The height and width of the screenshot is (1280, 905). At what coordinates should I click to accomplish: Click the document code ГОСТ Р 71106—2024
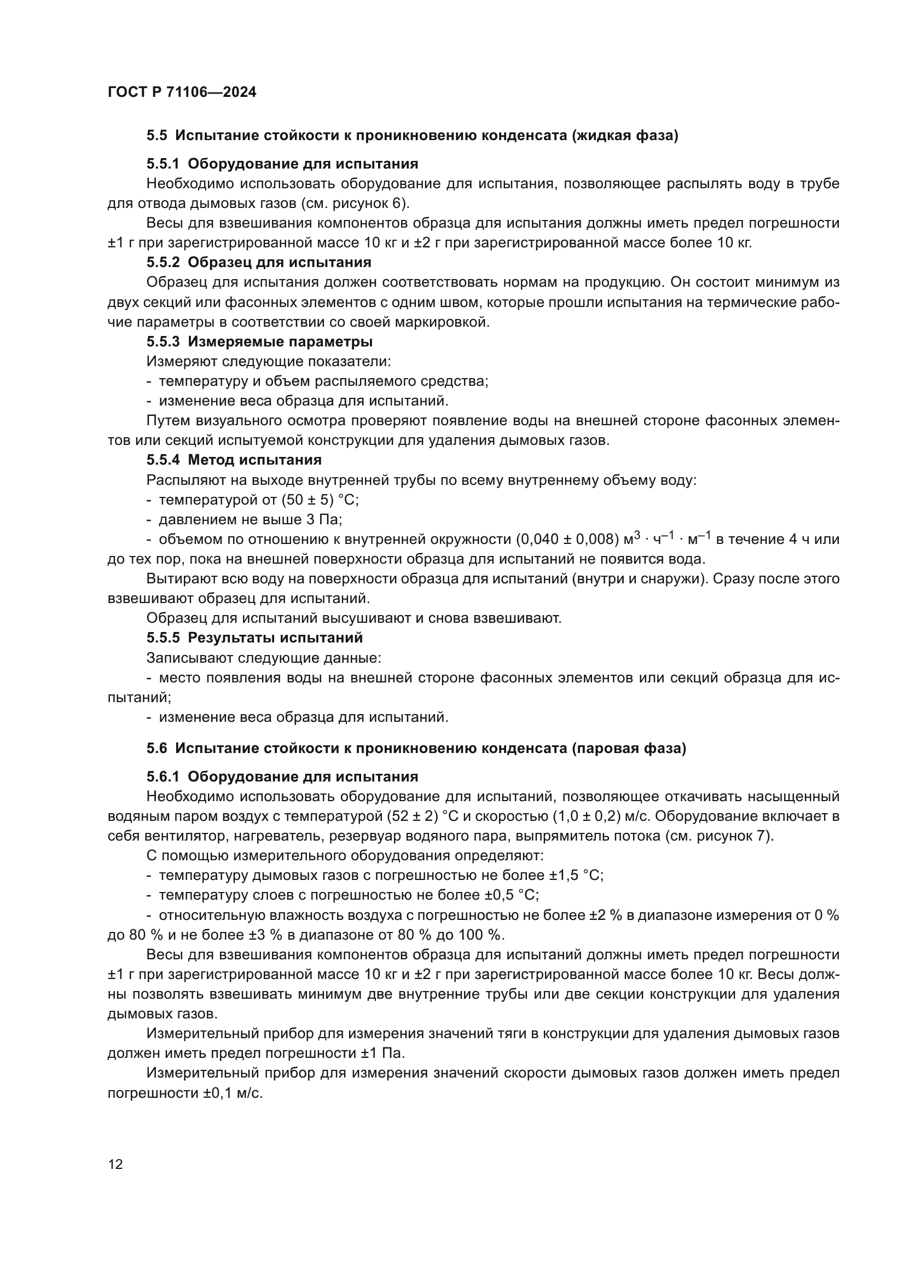[182, 92]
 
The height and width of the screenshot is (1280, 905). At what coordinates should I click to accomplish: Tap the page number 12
[115, 1164]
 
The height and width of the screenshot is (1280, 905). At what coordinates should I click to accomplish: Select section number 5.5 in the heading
[156, 136]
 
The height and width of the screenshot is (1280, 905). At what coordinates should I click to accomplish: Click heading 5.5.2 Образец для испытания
[259, 262]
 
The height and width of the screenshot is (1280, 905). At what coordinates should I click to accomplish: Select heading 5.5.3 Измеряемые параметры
[259, 341]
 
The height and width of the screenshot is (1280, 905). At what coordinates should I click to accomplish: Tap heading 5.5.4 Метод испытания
[234, 460]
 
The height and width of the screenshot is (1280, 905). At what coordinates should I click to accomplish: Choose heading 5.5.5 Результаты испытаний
[254, 638]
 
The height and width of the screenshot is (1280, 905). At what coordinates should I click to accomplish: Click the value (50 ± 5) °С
[320, 500]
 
